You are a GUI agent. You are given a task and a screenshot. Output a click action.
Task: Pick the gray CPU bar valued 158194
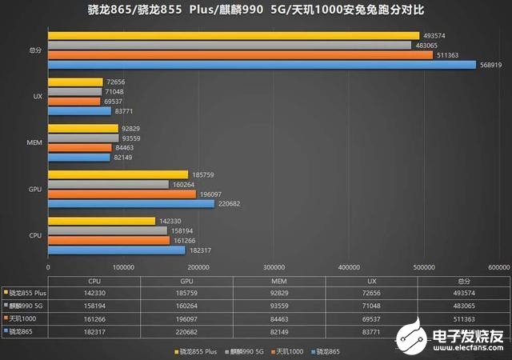click(107, 230)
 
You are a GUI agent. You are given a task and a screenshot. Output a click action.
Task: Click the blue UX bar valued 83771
click(79, 112)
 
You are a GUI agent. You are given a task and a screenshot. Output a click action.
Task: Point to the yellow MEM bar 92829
click(82, 128)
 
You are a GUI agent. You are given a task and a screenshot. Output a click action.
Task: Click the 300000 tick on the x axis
click(274, 267)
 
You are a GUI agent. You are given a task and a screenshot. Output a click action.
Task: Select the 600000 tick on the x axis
click(498, 267)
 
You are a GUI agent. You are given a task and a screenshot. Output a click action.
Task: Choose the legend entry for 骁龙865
click(326, 351)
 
